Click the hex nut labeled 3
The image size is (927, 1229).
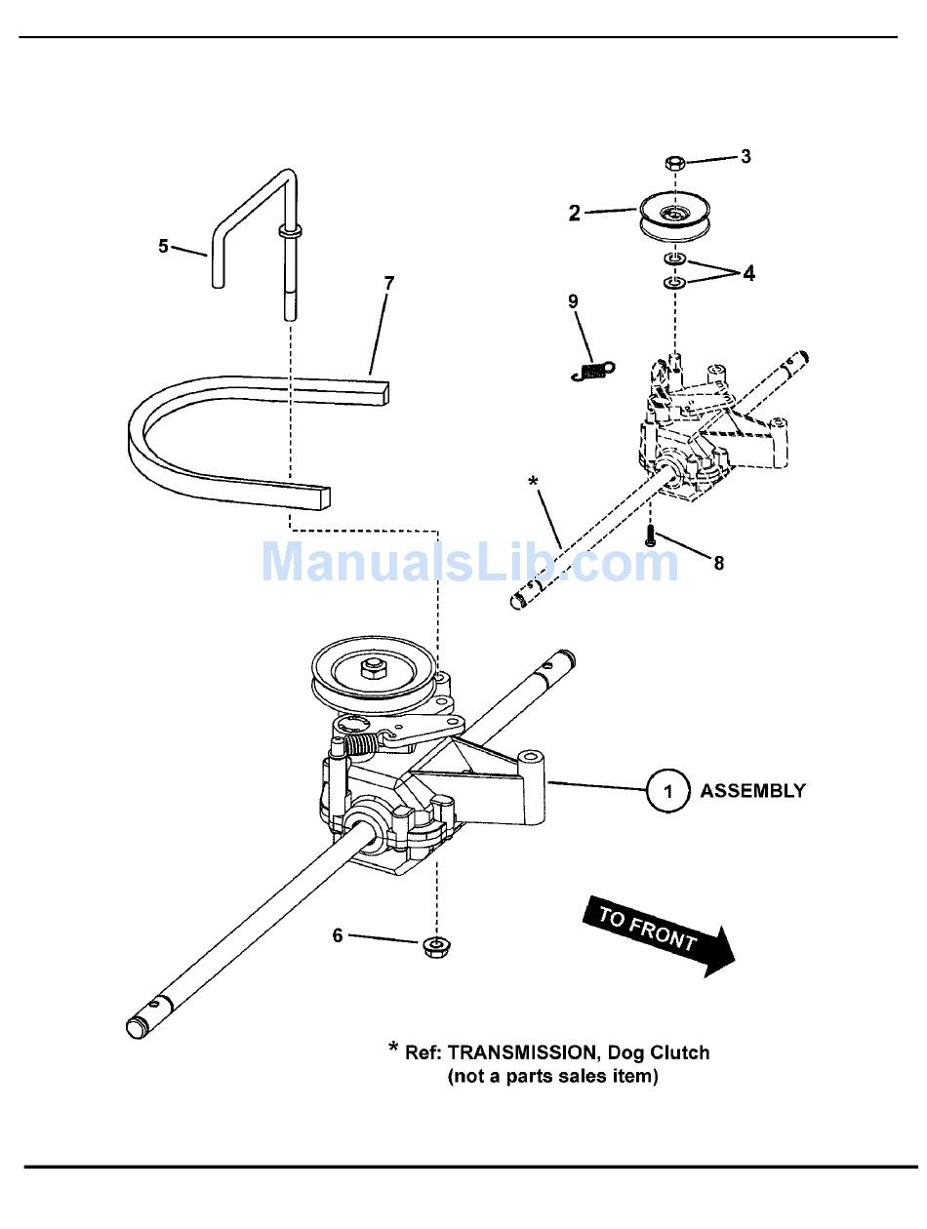coord(673,161)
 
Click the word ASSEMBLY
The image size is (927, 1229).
coord(753,790)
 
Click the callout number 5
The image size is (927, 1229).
coord(164,246)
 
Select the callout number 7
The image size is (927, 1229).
coord(389,283)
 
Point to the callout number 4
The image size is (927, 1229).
coord(748,274)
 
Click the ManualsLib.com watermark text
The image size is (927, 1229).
coord(469,563)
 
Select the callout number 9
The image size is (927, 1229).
coord(574,301)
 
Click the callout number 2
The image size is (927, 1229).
coord(575,213)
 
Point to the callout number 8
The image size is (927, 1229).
coord(719,563)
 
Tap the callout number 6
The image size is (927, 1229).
coord(338,935)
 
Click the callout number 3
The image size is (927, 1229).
coord(746,156)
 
